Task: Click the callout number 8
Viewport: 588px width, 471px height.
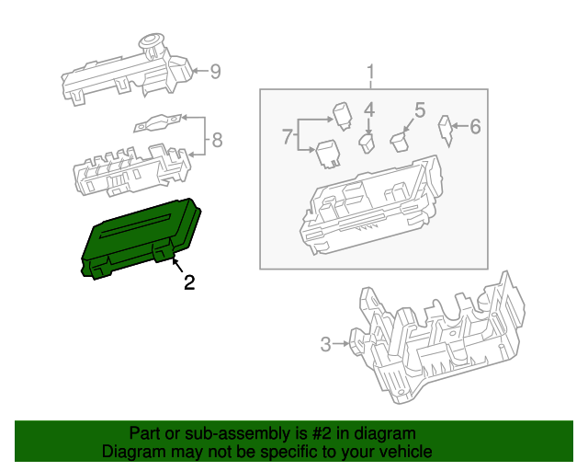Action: [217, 141]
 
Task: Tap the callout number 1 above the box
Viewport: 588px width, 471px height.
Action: [371, 72]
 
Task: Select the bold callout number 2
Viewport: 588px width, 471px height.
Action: [189, 282]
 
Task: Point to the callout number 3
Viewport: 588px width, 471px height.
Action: [325, 345]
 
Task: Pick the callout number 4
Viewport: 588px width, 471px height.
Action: [368, 111]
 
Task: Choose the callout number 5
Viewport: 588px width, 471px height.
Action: [419, 111]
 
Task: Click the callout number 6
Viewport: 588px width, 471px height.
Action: [475, 127]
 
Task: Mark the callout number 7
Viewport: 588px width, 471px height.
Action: [288, 137]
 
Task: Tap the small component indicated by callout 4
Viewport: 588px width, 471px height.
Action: [367, 144]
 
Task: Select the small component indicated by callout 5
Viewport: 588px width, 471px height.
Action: [400, 141]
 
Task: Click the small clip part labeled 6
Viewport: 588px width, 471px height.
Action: [447, 130]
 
